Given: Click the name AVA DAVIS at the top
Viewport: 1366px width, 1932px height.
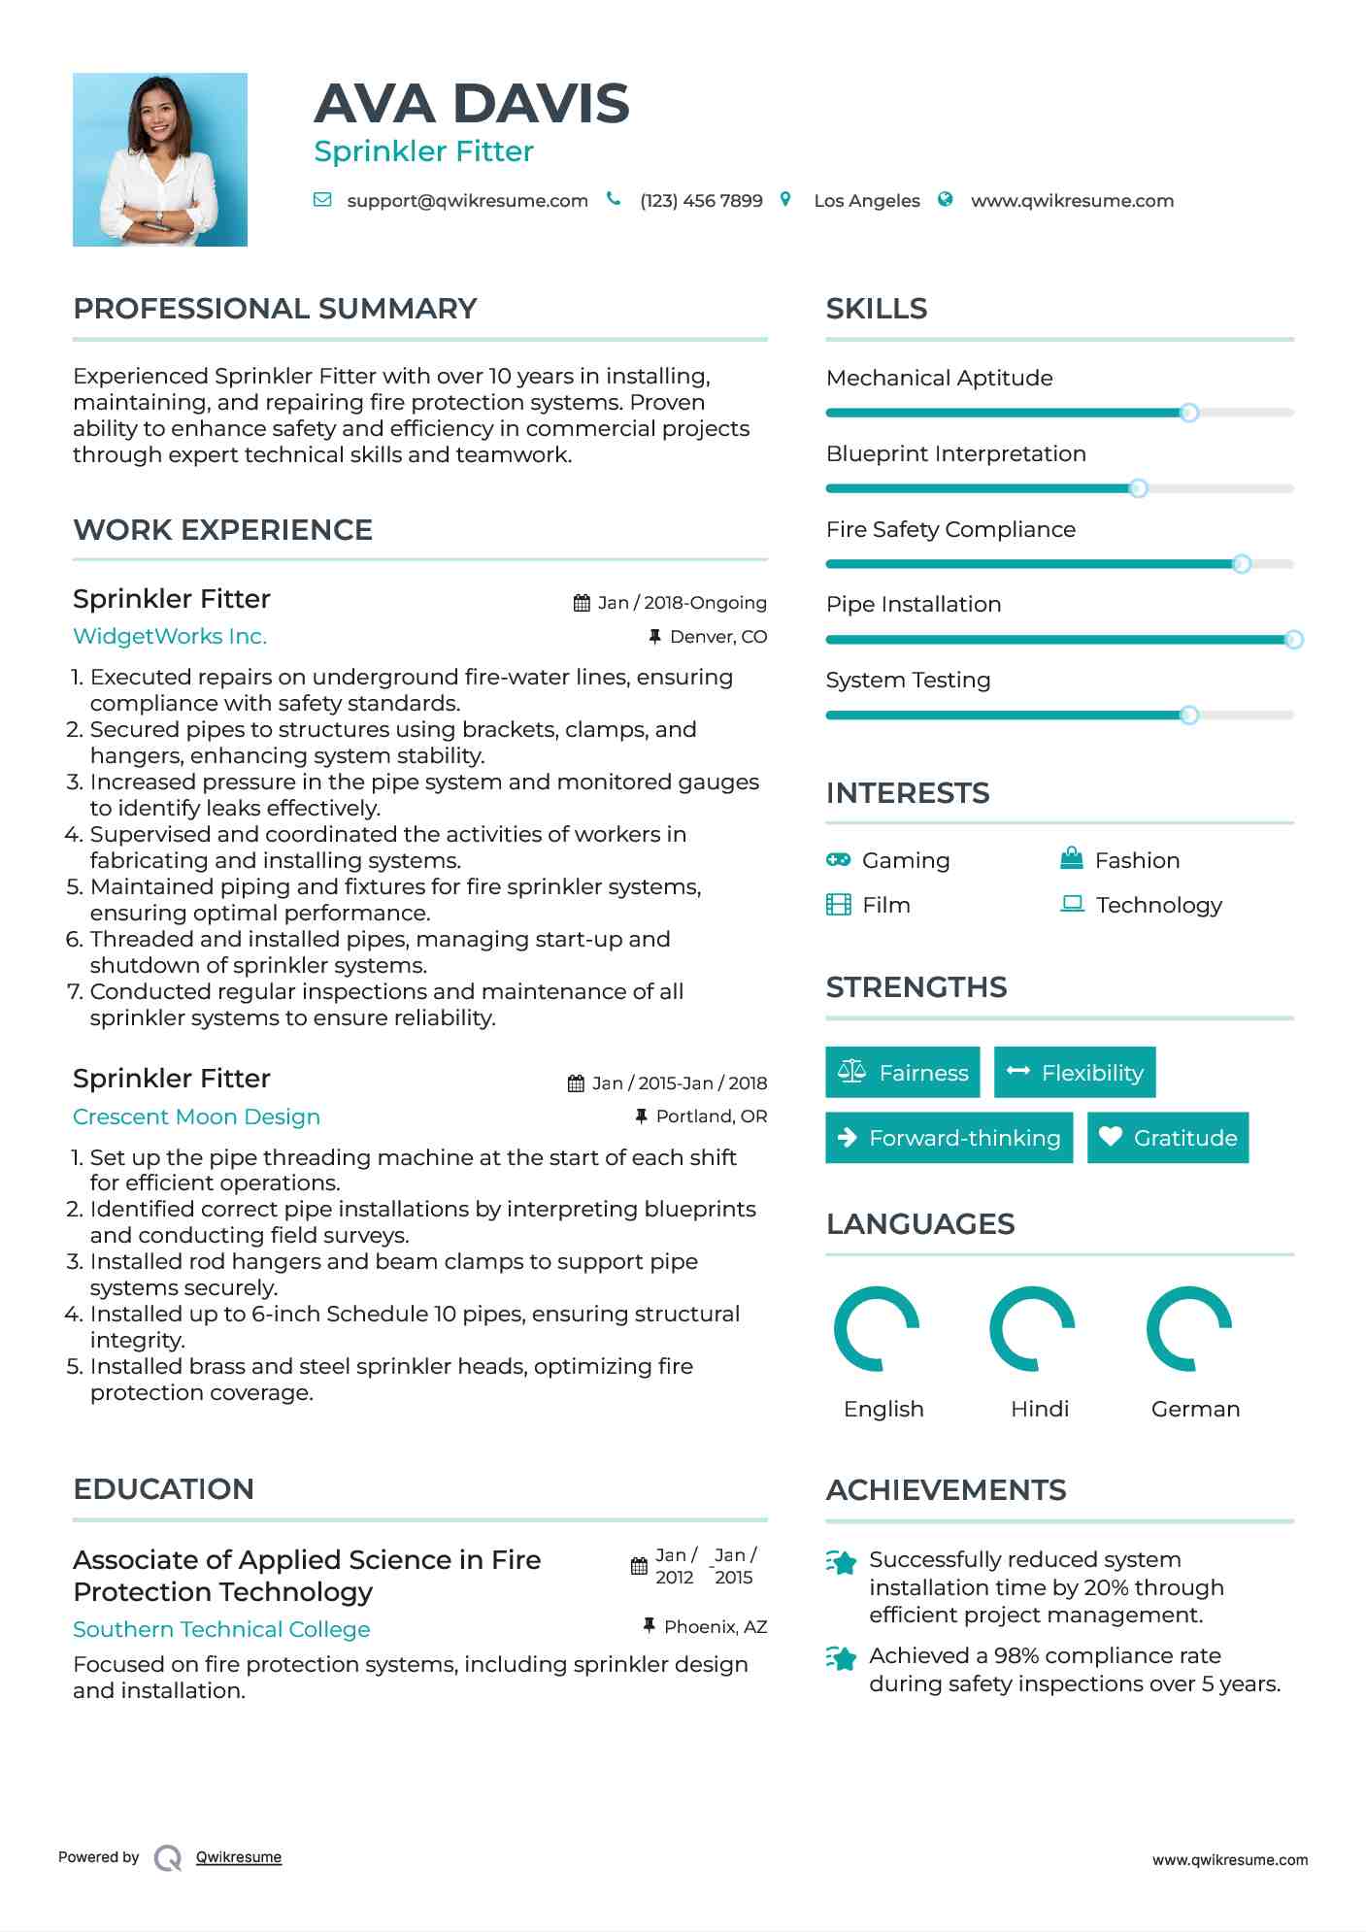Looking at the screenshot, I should [472, 104].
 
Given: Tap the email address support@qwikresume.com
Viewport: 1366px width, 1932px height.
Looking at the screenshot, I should [467, 201].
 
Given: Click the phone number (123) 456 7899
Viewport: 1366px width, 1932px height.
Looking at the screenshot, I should [701, 201].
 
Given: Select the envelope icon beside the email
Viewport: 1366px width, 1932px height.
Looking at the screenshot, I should [322, 200].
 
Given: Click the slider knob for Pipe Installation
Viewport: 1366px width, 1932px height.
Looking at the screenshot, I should [1293, 640].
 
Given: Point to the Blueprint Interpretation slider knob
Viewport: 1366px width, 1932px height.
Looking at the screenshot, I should [1138, 488].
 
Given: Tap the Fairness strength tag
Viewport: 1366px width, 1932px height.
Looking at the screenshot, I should [902, 1073].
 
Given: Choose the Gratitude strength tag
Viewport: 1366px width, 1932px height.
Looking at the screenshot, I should [1168, 1138].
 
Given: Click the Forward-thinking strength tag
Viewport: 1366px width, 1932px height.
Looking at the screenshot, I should [949, 1138].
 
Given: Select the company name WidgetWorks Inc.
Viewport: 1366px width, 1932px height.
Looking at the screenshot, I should [170, 637].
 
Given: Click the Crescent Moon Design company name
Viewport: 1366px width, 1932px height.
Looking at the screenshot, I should [196, 1117].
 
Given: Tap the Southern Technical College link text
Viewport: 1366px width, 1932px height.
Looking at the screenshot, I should [221, 1629].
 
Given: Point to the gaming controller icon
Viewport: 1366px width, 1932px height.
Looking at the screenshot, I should [838, 860].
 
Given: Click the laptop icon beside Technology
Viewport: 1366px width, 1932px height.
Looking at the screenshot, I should [1072, 904].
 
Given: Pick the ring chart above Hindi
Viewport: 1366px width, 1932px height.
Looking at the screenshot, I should [1032, 1329].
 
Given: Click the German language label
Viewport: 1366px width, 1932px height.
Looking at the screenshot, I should [1195, 1409].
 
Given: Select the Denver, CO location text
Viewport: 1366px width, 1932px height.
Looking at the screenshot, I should [717, 637].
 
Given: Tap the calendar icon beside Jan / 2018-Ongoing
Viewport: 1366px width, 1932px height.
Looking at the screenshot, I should [582, 603].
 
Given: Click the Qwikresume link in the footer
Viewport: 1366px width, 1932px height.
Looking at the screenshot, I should [239, 1857].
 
